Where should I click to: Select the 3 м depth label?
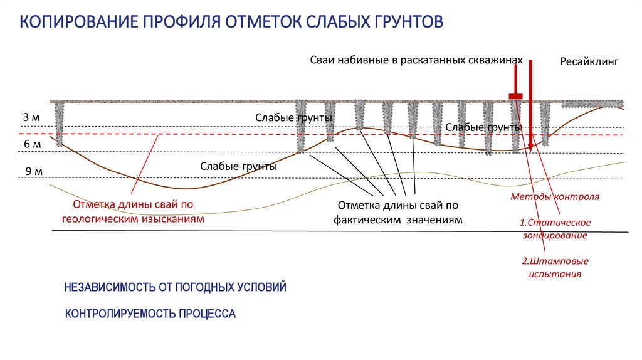tap(31, 117)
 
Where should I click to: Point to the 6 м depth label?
tap(33, 144)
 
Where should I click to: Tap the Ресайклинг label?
tap(589, 62)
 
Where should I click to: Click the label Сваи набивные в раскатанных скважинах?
tap(416, 60)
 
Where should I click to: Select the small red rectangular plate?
tap(515, 96)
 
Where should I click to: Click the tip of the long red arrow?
tap(530, 150)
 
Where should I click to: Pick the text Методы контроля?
tap(555, 196)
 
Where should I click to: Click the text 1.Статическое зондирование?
tap(555, 229)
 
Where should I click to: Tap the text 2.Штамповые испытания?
tap(555, 268)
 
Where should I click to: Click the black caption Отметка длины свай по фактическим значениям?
tap(398, 212)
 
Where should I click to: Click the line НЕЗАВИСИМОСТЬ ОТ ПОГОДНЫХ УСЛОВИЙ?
tap(175, 287)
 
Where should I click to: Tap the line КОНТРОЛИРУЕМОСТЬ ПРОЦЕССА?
tap(150, 313)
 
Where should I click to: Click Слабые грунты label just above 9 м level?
tap(238, 167)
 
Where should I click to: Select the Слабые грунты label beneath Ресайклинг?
tap(483, 128)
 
